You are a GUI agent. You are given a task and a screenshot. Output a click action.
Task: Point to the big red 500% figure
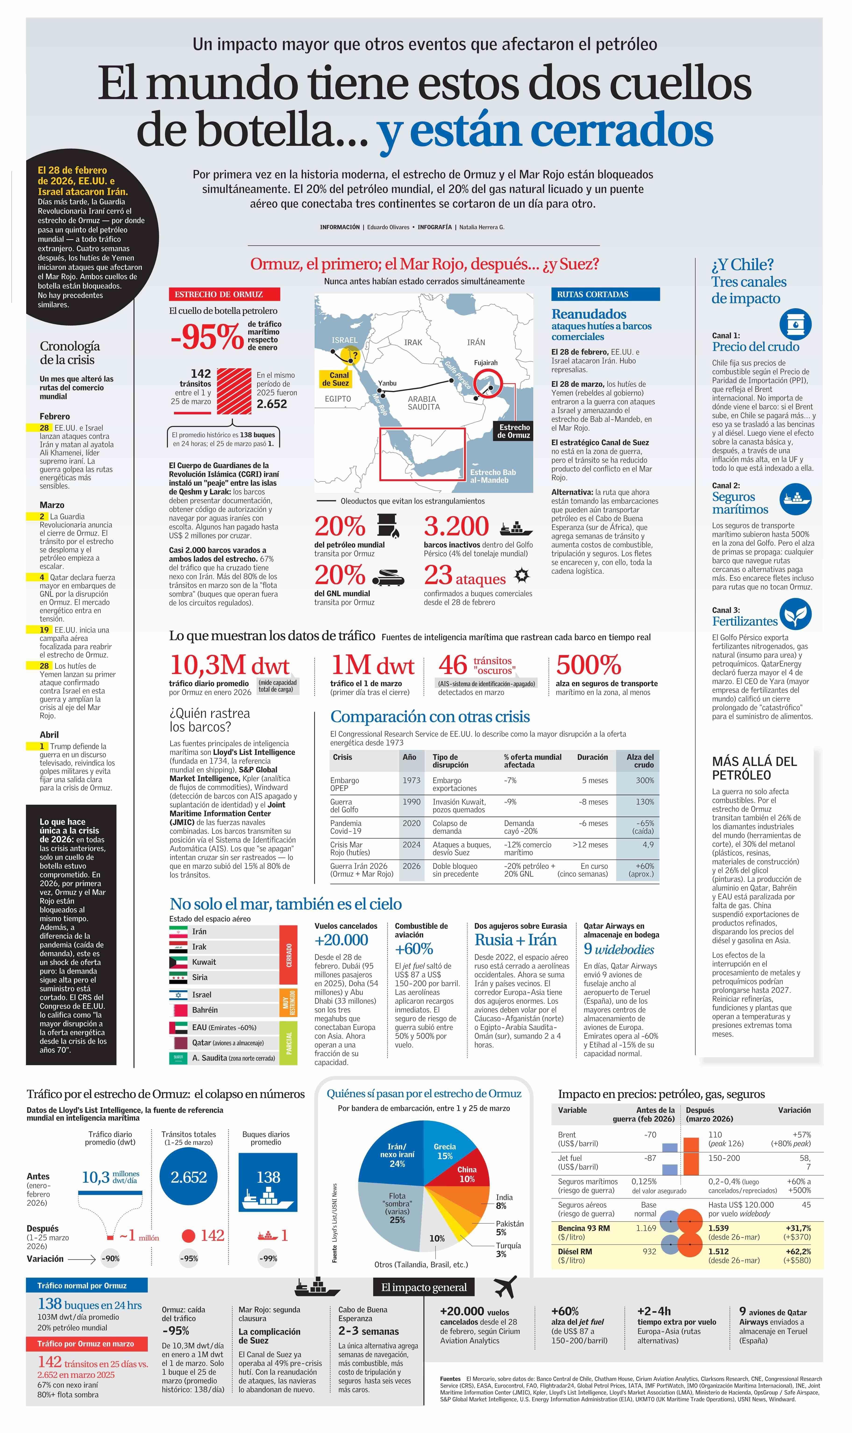click(x=589, y=665)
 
